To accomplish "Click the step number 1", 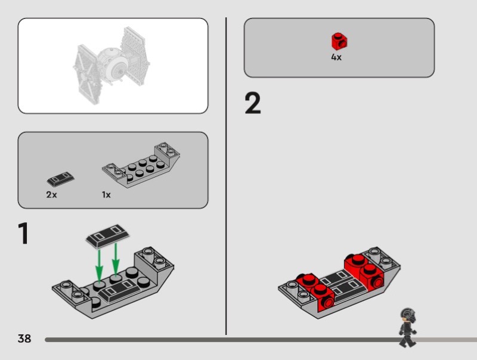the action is coord(23,233).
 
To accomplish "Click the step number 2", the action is coord(253,103).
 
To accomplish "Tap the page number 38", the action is coord(24,339).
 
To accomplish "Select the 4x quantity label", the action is coord(336,57).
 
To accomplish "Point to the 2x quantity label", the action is coord(51,194).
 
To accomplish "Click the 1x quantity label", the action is coord(106,194).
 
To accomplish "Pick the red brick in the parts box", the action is coord(339,41).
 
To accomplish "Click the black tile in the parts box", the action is coord(61,179).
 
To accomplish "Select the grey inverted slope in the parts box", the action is coord(141,165).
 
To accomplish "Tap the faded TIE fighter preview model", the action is coord(111,66).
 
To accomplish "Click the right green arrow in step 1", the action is coord(116,259).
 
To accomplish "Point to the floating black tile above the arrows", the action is coord(107,235).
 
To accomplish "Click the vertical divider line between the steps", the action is coord(226,176).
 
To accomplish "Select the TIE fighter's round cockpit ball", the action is coord(113,64).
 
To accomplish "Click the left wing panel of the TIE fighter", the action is coord(86,74).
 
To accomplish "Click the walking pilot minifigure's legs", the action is coord(407,340).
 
